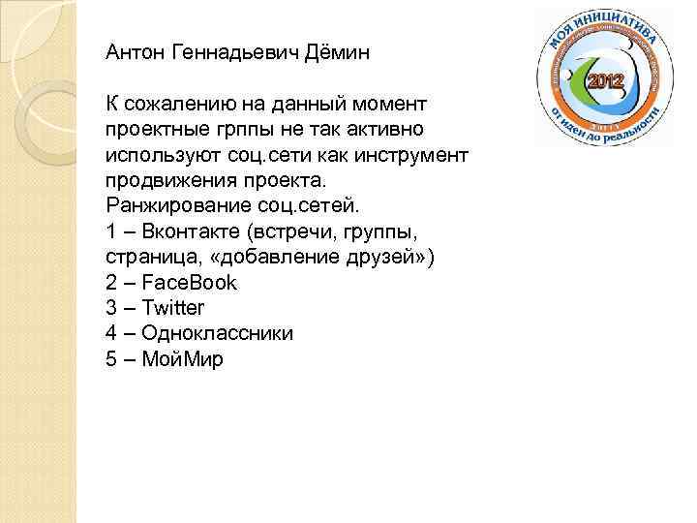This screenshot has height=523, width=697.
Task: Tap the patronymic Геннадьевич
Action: [x=232, y=53]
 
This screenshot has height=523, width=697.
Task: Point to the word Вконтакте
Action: [x=190, y=231]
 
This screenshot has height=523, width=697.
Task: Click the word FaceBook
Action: [x=190, y=283]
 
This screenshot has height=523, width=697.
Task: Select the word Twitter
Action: [x=173, y=308]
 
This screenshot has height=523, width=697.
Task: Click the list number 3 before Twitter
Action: [x=110, y=308]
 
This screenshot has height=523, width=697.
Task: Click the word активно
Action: [x=385, y=129]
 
